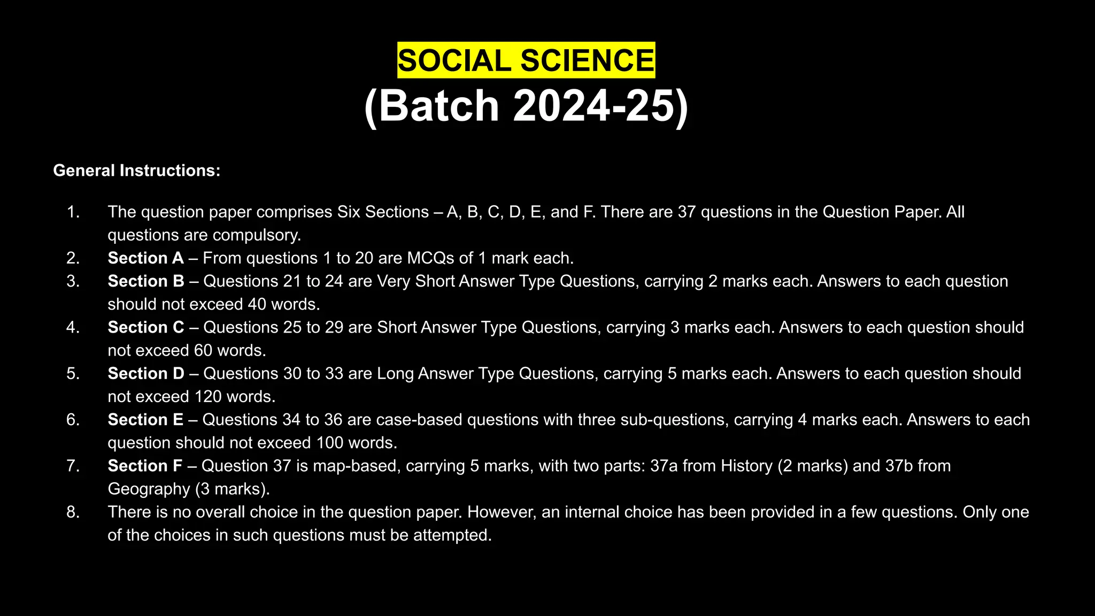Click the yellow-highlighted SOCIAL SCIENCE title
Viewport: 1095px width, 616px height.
pyautogui.click(x=526, y=60)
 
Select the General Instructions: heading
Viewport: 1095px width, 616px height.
pyautogui.click(x=137, y=171)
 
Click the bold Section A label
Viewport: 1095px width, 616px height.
pyautogui.click(x=145, y=258)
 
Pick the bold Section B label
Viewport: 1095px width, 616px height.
pyautogui.click(x=146, y=281)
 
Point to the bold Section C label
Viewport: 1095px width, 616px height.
pyautogui.click(x=146, y=327)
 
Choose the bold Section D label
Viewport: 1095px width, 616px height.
pyautogui.click(x=146, y=373)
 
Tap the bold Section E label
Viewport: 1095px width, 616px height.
pyautogui.click(x=145, y=420)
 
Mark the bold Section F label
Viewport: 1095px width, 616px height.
pyautogui.click(x=145, y=466)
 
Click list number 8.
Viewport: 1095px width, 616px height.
pyautogui.click(x=73, y=512)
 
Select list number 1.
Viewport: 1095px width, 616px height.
pyautogui.click(x=73, y=212)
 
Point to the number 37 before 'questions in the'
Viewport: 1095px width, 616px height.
pyautogui.click(x=687, y=212)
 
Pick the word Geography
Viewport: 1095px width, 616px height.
pyautogui.click(x=149, y=489)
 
